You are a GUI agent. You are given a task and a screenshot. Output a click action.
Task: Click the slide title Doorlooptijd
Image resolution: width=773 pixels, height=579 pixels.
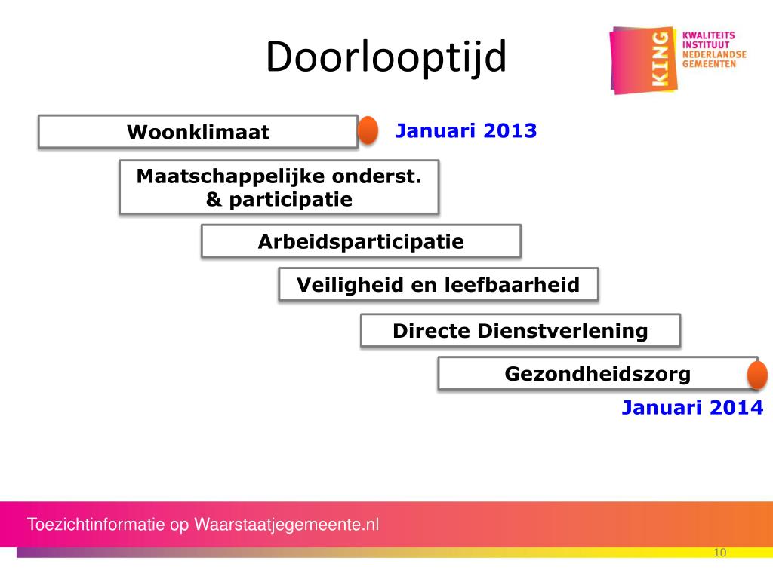386,58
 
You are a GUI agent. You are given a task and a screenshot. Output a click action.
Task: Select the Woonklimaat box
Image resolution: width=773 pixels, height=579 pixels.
198,132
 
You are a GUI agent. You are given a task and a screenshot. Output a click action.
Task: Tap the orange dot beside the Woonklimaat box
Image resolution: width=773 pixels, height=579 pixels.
368,130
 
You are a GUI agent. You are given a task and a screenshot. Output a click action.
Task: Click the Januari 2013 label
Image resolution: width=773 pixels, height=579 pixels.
466,130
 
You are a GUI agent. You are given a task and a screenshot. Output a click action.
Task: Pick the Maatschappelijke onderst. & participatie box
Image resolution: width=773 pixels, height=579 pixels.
279,187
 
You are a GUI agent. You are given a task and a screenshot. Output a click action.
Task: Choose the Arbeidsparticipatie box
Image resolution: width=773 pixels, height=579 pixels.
361,242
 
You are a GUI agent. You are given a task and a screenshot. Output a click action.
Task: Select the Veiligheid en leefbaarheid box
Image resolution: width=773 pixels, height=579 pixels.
438,285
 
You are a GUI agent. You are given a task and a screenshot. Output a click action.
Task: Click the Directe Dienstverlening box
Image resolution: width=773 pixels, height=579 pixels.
520,330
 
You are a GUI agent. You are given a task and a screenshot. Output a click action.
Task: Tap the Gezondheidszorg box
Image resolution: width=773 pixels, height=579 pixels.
597,373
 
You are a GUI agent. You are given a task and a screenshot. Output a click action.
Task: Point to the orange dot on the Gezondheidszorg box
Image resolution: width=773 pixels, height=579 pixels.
756,375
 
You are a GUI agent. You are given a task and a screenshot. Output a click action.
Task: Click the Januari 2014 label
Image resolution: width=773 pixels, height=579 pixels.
692,408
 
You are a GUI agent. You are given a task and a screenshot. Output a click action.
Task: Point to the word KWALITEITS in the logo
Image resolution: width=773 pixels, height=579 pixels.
708,35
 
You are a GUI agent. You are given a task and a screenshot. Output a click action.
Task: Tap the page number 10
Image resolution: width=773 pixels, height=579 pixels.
719,553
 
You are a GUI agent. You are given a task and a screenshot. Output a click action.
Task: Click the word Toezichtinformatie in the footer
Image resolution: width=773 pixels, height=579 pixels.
97,525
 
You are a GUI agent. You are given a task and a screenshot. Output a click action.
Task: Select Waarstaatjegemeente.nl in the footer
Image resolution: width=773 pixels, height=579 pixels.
287,525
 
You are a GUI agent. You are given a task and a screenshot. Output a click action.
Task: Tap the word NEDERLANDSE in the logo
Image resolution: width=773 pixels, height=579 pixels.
713,54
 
